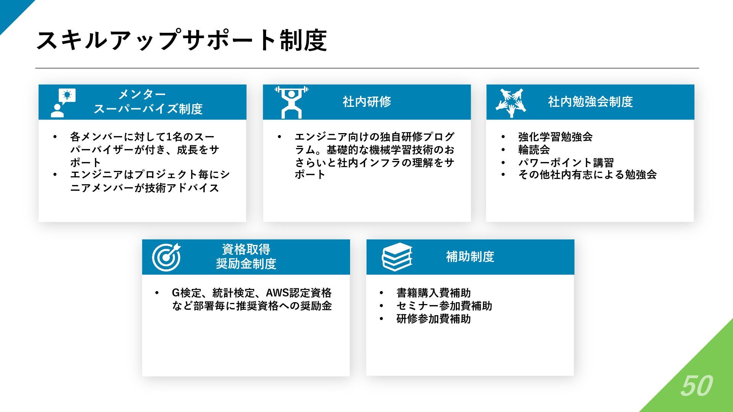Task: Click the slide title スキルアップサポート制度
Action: pyautogui.click(x=181, y=40)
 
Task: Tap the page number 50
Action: pyautogui.click(x=696, y=386)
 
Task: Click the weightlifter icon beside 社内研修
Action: pyautogui.click(x=291, y=102)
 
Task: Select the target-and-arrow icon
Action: pyautogui.click(x=166, y=257)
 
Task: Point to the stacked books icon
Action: pyautogui.click(x=397, y=257)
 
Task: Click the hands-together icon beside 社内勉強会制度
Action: pyautogui.click(x=511, y=102)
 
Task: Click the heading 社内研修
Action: pyautogui.click(x=366, y=102)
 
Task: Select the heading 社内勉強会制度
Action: pyautogui.click(x=590, y=102)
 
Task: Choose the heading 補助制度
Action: pyautogui.click(x=470, y=257)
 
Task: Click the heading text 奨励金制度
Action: pyautogui.click(x=246, y=264)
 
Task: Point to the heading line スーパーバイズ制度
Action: pyautogui.click(x=148, y=109)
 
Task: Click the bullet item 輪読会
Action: pyautogui.click(x=534, y=150)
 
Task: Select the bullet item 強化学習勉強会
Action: pyautogui.click(x=555, y=137)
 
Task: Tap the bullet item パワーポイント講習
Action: pyautogui.click(x=566, y=163)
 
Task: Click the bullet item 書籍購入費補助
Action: pyautogui.click(x=433, y=293)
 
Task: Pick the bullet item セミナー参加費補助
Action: pyautogui.click(x=444, y=306)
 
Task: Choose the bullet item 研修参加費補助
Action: pyautogui.click(x=433, y=319)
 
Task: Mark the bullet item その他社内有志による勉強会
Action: pyautogui.click(x=587, y=175)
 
